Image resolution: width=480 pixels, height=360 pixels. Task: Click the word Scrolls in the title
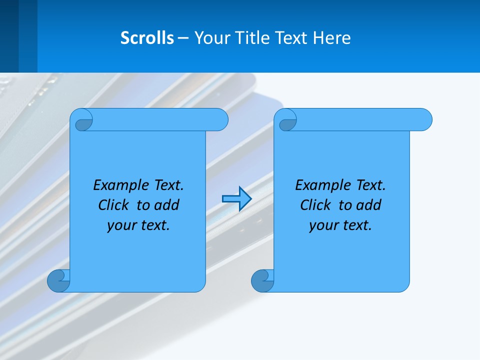tap(147, 38)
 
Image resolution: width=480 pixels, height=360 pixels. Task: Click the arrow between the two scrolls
tap(236, 199)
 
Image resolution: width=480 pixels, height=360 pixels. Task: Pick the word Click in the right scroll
tap(315, 205)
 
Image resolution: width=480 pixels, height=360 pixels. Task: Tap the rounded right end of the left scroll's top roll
tap(220, 119)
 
